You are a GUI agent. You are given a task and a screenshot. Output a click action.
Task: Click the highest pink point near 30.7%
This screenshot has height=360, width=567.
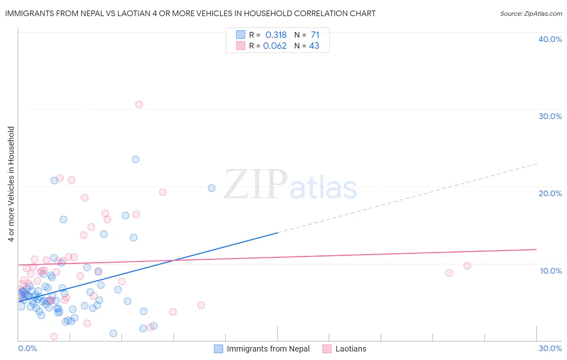tap(139, 105)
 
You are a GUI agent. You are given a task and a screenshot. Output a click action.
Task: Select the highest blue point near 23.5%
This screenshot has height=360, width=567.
tap(135, 159)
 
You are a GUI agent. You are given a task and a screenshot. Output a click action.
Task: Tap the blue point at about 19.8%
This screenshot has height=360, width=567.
tap(212, 188)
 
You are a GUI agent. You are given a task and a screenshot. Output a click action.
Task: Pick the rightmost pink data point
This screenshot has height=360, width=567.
tap(467, 266)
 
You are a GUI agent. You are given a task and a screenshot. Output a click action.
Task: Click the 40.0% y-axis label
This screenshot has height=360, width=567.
tap(550, 39)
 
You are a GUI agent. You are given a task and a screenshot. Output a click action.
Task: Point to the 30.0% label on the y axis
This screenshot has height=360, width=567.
tap(550, 116)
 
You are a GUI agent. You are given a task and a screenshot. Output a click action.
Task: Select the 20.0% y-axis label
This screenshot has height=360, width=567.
tap(550, 193)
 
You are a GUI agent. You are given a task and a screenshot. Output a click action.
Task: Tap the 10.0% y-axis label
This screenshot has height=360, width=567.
tap(551, 271)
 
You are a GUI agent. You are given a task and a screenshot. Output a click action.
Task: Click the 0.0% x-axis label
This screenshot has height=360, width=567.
tap(27, 348)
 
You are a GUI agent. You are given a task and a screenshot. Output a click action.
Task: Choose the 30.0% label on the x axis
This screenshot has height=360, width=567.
tap(550, 348)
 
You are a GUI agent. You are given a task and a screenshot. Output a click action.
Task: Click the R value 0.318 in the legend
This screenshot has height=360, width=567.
tap(276, 35)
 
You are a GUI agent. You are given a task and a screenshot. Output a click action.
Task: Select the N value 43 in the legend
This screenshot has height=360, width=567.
tap(314, 46)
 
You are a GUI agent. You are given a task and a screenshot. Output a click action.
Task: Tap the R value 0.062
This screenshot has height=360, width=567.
tap(275, 46)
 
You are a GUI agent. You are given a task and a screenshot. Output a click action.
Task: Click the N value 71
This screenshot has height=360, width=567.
tap(315, 35)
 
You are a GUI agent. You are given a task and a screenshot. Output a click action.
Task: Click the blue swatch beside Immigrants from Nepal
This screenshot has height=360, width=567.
tap(219, 349)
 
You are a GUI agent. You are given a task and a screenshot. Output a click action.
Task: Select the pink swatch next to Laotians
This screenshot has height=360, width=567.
tap(327, 349)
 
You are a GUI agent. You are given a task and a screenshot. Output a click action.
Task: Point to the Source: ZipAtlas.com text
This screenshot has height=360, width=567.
tap(531, 13)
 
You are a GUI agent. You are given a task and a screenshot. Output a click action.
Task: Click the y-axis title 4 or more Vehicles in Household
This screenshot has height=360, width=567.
tap(11, 184)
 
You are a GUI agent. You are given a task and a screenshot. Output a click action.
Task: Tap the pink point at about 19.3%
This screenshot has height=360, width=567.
tap(163, 192)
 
